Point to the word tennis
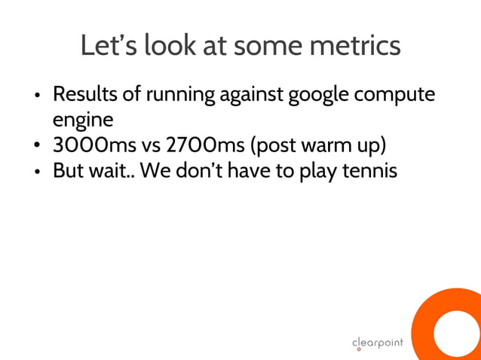pos(369,169)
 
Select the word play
pos(317,169)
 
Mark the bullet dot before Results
pos(37,97)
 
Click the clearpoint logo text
pos(378,343)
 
